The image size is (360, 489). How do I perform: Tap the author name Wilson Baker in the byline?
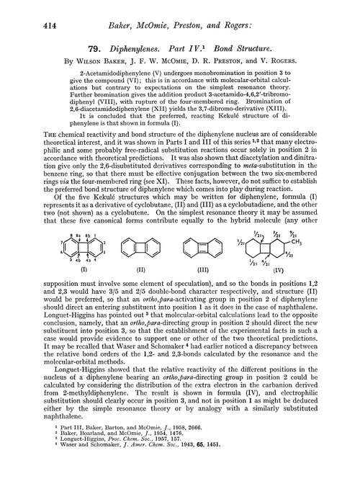(x=102, y=56)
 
